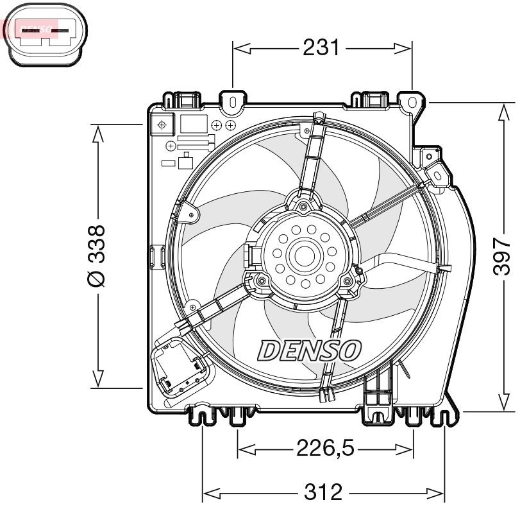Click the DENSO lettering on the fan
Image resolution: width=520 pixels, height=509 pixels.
310,350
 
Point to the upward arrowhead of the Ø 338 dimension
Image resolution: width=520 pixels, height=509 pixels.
97,132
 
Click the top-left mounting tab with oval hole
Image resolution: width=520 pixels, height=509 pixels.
232,101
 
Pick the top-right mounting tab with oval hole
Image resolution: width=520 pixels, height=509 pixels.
410,101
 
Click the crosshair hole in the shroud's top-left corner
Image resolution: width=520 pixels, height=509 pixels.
162,123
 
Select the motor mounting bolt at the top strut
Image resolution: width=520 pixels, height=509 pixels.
303,205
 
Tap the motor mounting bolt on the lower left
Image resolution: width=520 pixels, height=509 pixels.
259,280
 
